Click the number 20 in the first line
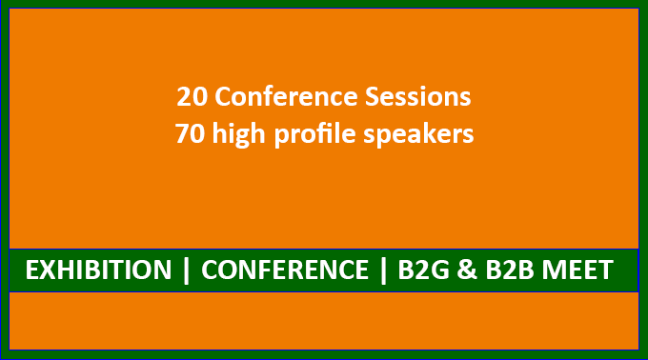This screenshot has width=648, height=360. pyautogui.click(x=192, y=97)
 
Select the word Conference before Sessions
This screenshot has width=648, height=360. pyautogui.click(x=286, y=97)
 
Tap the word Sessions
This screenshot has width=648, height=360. pyautogui.click(x=417, y=97)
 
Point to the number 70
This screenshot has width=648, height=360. pyautogui.click(x=190, y=134)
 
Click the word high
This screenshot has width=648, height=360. pyautogui.click(x=238, y=135)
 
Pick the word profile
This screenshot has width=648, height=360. pyautogui.click(x=314, y=135)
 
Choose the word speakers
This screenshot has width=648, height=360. pyautogui.click(x=418, y=135)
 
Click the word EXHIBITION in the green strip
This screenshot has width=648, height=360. pyautogui.click(x=98, y=270)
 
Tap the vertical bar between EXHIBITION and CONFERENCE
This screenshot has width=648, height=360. pyautogui.click(x=187, y=270)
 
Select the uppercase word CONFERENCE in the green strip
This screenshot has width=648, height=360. pyautogui.click(x=285, y=270)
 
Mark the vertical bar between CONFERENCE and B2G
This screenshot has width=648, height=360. pyautogui.click(x=383, y=270)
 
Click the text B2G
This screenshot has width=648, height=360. pyautogui.click(x=424, y=270)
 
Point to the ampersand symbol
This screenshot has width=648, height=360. pyautogui.click(x=467, y=270)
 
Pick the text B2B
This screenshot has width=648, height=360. pyautogui.click(x=510, y=270)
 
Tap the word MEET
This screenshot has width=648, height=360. pyautogui.click(x=577, y=270)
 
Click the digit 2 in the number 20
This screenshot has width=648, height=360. pyautogui.click(x=184, y=97)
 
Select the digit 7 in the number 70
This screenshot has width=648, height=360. pyautogui.click(x=182, y=134)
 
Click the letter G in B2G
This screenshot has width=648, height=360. pyautogui.click(x=439, y=270)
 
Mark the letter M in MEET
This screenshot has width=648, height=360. pyautogui.click(x=554, y=270)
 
